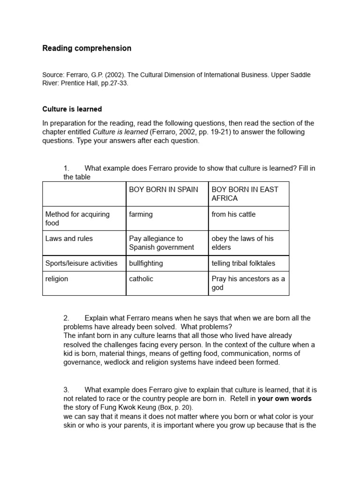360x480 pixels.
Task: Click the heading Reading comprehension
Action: (x=87, y=48)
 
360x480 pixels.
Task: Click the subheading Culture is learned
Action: (x=72, y=109)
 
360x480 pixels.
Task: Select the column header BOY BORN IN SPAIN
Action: (x=164, y=189)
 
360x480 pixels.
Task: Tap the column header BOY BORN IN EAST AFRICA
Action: (x=245, y=194)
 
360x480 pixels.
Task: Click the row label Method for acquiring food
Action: (x=77, y=218)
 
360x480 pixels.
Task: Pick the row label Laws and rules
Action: (x=69, y=239)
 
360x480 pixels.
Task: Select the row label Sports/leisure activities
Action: (x=81, y=263)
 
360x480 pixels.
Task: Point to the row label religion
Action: (x=57, y=279)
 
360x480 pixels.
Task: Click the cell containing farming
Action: (x=141, y=214)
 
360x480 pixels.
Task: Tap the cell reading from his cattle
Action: (x=233, y=214)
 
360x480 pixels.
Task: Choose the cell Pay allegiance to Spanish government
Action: (x=161, y=243)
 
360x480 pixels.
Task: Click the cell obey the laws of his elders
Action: (x=242, y=243)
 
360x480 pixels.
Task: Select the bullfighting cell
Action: (x=146, y=263)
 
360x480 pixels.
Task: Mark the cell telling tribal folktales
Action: (x=243, y=263)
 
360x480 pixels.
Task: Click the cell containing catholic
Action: (x=141, y=279)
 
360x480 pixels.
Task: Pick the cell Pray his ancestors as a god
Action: (x=248, y=283)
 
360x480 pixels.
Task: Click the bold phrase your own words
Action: (x=285, y=398)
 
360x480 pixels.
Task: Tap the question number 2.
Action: (x=66, y=318)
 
